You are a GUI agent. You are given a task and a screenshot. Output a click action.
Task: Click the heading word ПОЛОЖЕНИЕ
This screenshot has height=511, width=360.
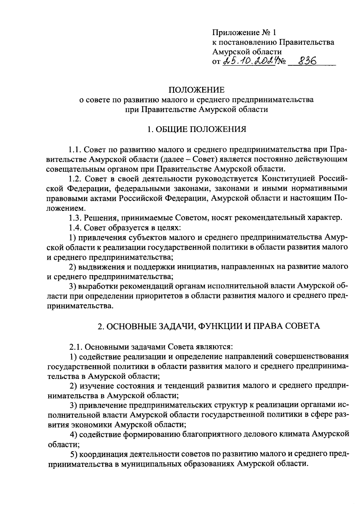click(x=196, y=90)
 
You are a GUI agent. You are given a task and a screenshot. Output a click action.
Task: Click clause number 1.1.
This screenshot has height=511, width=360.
click(x=74, y=149)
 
